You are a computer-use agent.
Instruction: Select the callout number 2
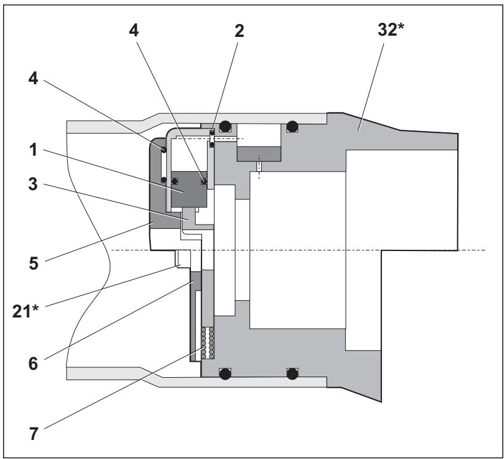[x=240, y=31]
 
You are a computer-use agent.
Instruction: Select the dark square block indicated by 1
[x=187, y=191]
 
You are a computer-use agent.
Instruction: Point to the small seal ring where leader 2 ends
[x=212, y=133]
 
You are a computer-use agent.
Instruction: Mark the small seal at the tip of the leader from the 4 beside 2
[x=204, y=181]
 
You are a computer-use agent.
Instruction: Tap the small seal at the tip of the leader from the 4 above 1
[x=163, y=149]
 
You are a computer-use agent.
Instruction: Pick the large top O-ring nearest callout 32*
[x=292, y=127]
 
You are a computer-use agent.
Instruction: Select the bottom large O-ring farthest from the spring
[x=292, y=373]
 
